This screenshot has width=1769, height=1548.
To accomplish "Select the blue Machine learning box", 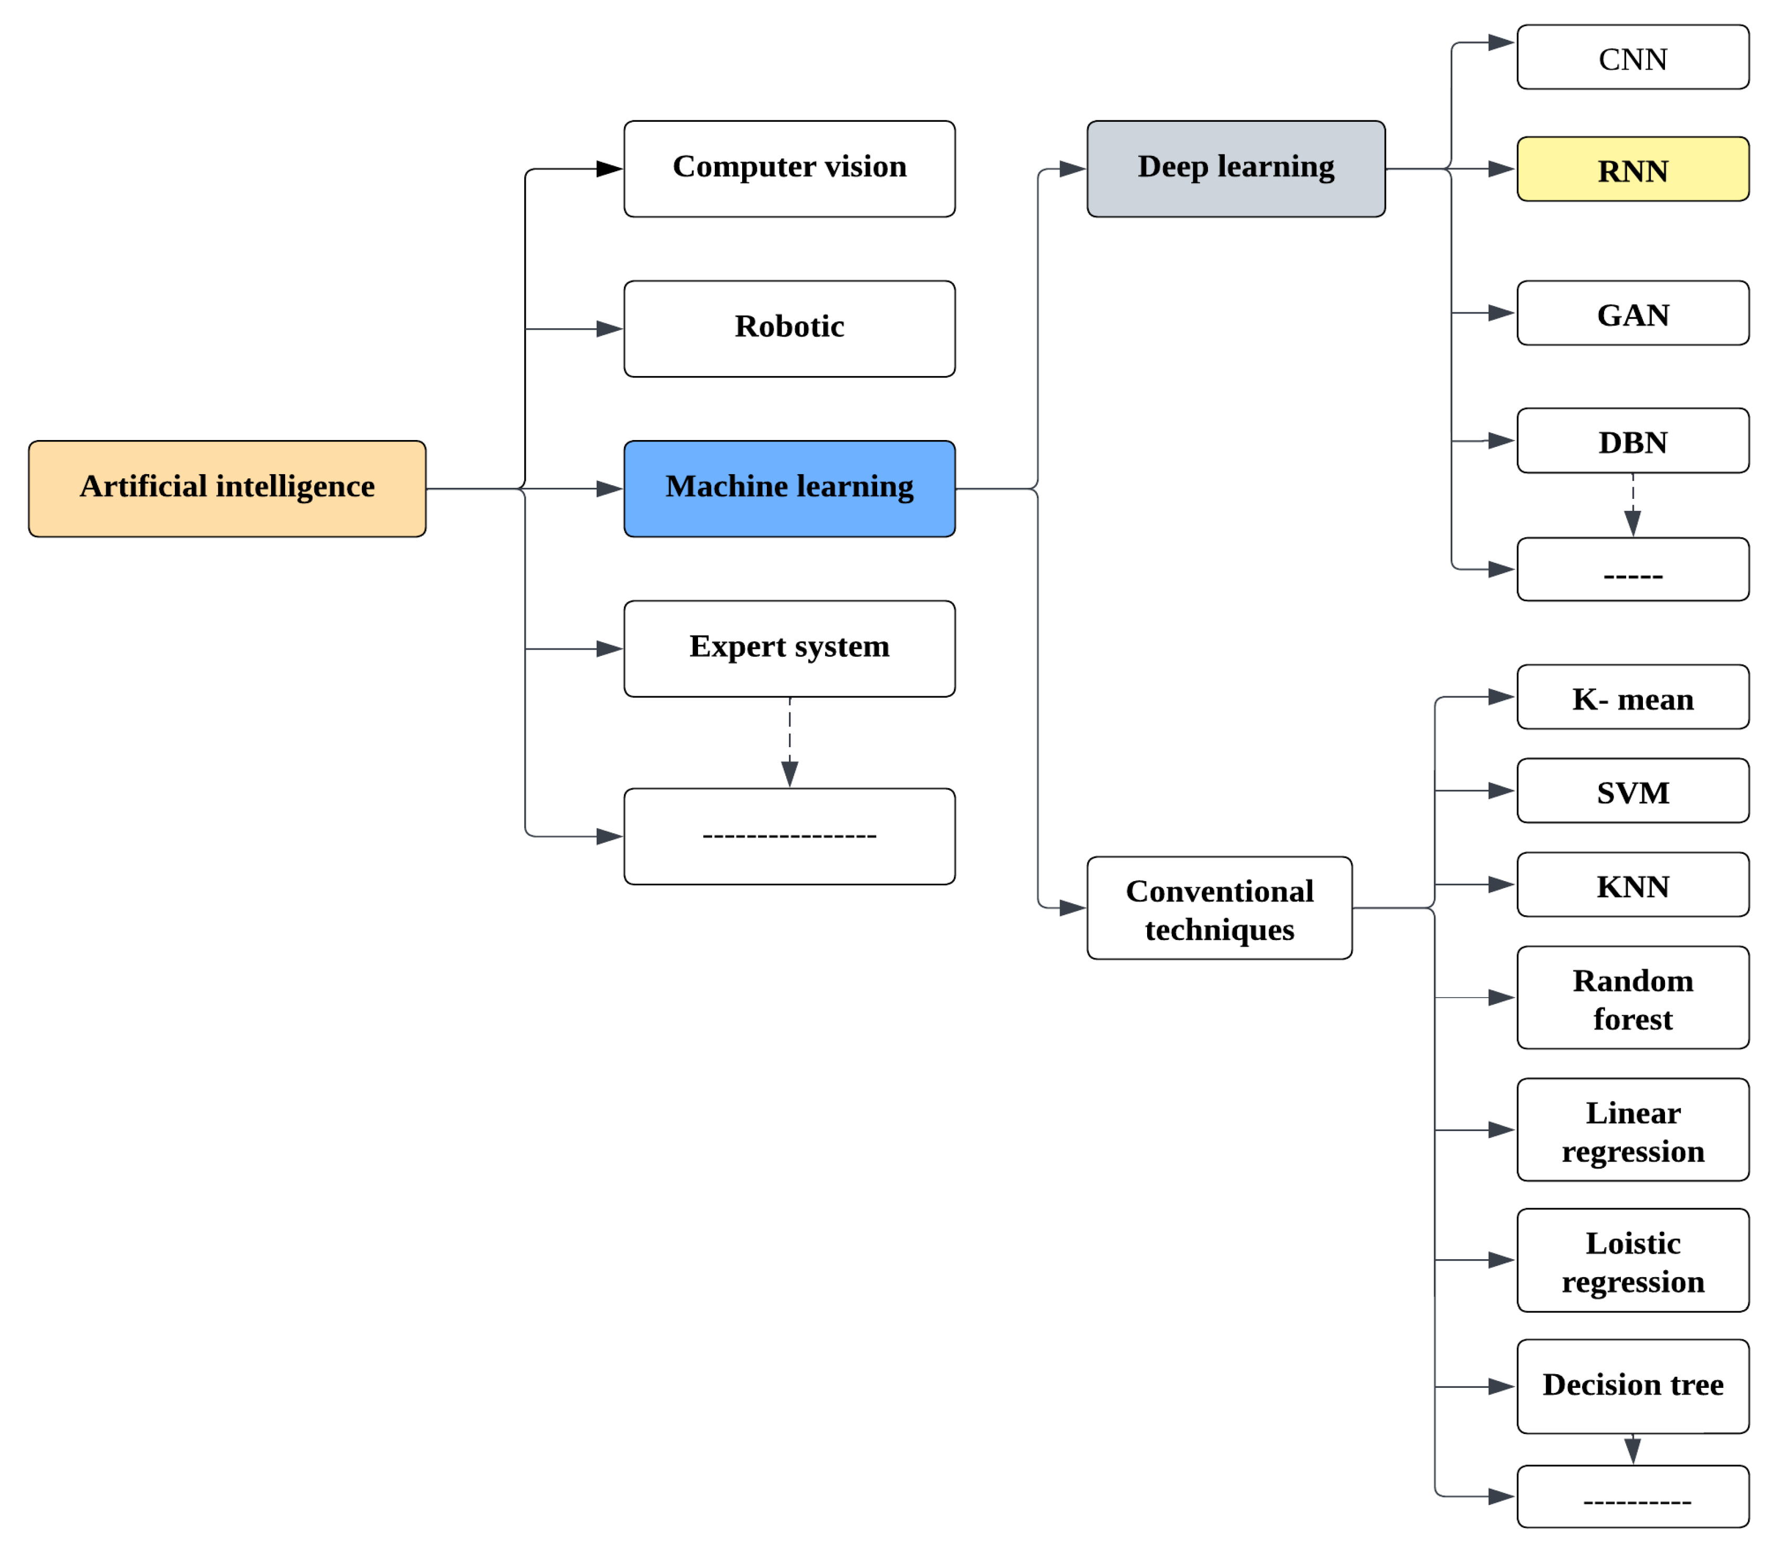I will click(789, 489).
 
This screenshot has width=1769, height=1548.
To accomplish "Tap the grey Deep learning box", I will click(1236, 169).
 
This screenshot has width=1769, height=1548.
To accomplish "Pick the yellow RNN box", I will click(1632, 169).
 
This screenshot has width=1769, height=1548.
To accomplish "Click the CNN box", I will click(1632, 57).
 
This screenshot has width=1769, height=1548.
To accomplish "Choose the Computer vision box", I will click(789, 169).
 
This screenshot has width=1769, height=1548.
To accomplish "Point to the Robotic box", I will click(789, 328).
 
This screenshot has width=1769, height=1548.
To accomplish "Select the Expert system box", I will click(789, 649).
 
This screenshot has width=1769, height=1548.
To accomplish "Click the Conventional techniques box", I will click(1220, 908).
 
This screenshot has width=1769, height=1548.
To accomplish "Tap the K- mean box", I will click(1632, 697).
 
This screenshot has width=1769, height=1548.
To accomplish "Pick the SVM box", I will click(1632, 790).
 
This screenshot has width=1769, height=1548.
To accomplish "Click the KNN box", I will click(1632, 885).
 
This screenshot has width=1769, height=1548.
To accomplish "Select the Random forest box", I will click(1632, 998).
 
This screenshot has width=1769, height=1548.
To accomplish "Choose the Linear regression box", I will click(1632, 1130).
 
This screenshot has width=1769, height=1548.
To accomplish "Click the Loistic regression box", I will click(1632, 1260).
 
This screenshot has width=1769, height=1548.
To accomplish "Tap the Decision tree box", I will click(1632, 1386).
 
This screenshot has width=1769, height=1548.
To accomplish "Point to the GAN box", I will click(1632, 313).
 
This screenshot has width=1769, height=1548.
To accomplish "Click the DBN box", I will click(1632, 441).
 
